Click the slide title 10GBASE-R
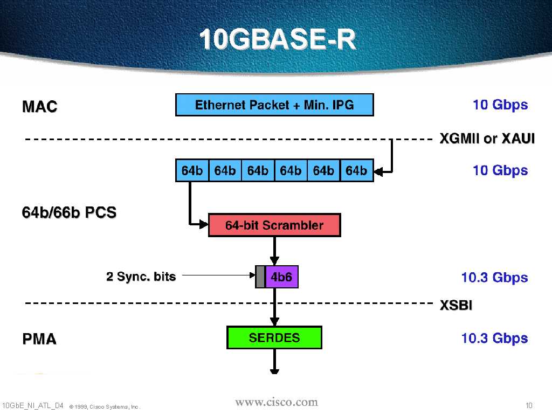point(278,40)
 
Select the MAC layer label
point(39,107)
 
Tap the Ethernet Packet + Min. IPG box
point(274,105)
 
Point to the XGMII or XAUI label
point(487,139)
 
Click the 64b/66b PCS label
point(69,212)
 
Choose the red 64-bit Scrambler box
point(274,225)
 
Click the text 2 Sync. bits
point(141,277)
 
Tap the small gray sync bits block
point(260,277)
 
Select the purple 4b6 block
point(281,277)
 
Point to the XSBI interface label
point(456,306)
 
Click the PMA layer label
point(39,339)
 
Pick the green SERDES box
point(274,338)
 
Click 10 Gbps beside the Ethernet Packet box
point(500,105)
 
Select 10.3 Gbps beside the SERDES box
point(494,339)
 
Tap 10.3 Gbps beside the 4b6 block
point(494,278)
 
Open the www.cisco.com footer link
point(277,402)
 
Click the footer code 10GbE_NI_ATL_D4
point(32,405)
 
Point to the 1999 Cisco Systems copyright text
point(105,406)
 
